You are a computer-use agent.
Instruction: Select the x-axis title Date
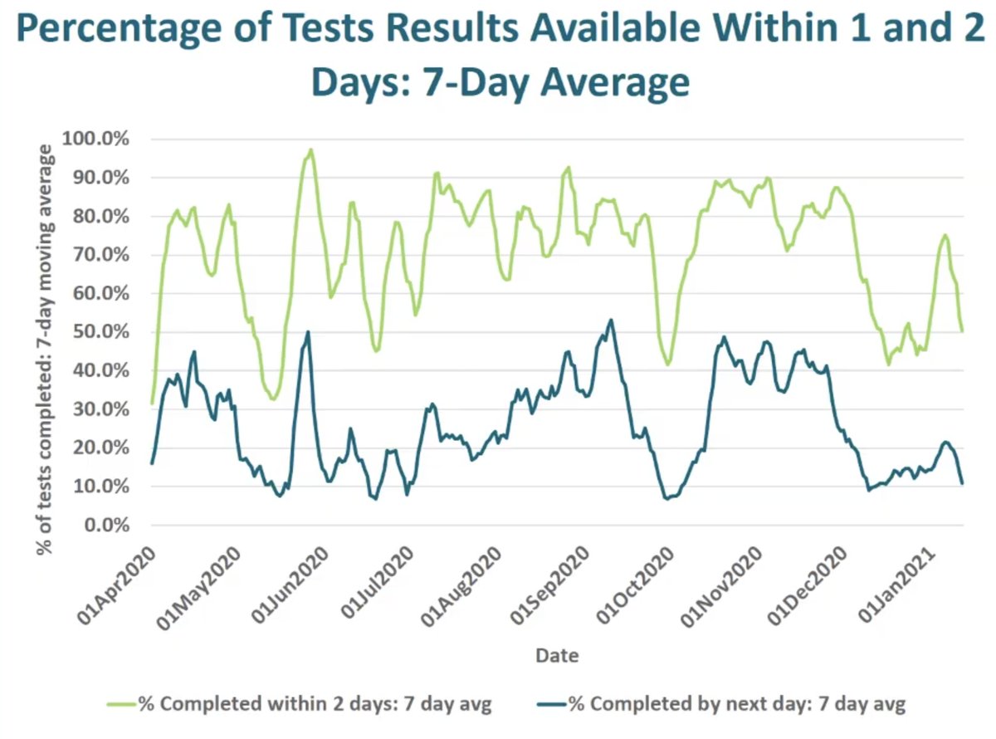(557, 655)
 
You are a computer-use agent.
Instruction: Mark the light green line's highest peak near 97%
(310, 150)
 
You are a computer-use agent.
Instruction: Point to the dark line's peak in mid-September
(611, 320)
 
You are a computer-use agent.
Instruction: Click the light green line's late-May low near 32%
(273, 399)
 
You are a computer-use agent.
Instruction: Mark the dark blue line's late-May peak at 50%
(308, 332)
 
